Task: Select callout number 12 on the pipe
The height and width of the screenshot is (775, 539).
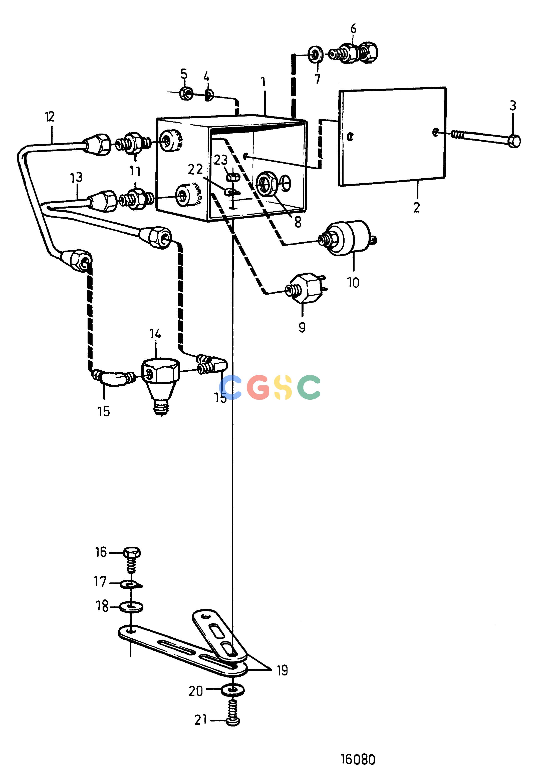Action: tap(49, 117)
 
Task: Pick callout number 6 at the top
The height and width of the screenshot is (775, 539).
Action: tap(353, 29)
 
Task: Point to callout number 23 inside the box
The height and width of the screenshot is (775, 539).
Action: tap(221, 160)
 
